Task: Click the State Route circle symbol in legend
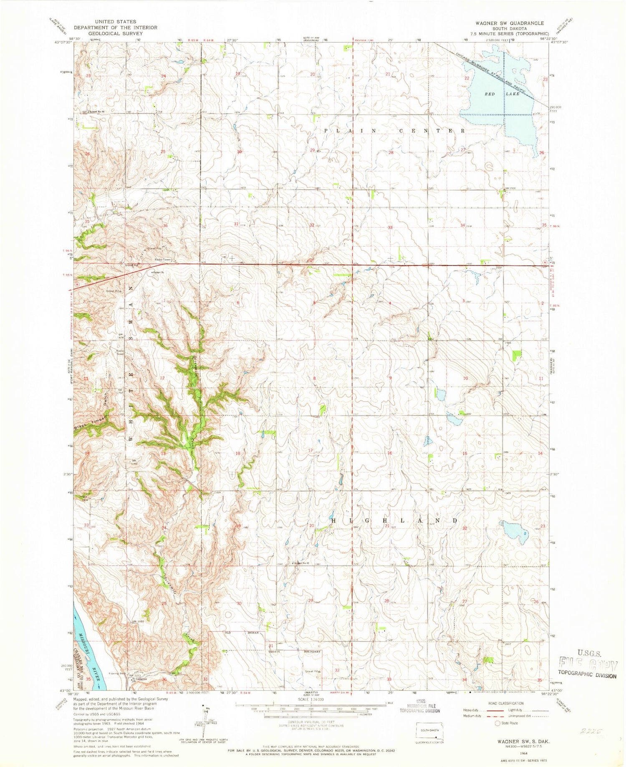[x=497, y=723]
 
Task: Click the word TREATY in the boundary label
[x=274, y=651]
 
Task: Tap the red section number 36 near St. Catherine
[x=164, y=679]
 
